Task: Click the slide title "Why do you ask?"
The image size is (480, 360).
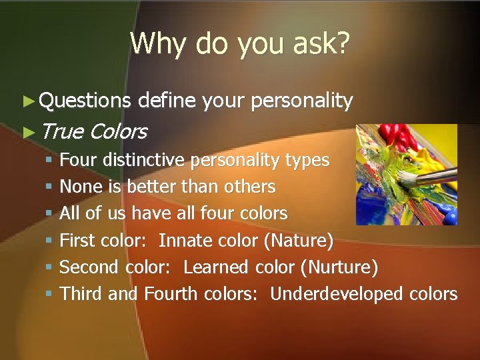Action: (x=239, y=43)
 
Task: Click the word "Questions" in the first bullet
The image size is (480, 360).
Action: (x=85, y=101)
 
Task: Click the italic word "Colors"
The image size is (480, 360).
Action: (x=118, y=131)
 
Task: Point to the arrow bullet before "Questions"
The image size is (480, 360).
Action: (x=27, y=101)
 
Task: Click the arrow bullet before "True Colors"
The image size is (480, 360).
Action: (x=27, y=132)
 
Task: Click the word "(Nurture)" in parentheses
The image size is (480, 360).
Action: (x=339, y=267)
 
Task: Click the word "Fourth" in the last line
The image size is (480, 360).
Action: (x=171, y=294)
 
